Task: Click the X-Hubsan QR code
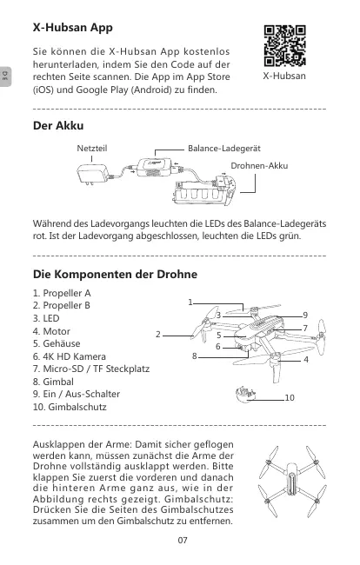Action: pos(284,46)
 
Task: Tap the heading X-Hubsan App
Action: pos(73,28)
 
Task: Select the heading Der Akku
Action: pos(58,126)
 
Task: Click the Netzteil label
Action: pos(92,149)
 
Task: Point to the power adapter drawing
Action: pos(93,175)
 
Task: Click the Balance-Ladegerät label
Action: pos(224,149)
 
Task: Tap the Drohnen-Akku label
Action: pos(259,166)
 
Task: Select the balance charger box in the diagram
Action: pos(155,168)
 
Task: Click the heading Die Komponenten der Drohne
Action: pos(115,274)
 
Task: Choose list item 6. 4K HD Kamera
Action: pos(70,356)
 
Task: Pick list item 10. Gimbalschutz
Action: pos(70,407)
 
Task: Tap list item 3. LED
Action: pos(46,318)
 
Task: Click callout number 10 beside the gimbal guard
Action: pos(290,398)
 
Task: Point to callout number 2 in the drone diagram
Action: pos(158,335)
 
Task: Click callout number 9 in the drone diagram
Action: pos(305,316)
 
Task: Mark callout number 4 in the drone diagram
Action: pos(306,360)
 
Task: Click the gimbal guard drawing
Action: pos(245,395)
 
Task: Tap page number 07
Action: pos(183,540)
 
